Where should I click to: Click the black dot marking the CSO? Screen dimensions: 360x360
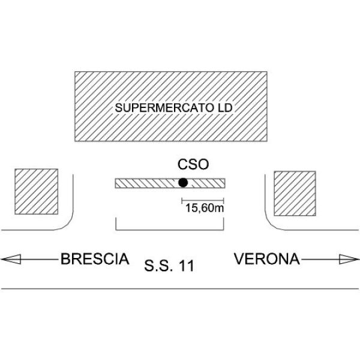click(183, 183)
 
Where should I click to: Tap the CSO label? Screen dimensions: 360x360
click(193, 164)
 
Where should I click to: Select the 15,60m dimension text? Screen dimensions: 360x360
click(205, 208)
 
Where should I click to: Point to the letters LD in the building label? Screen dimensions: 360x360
click(225, 108)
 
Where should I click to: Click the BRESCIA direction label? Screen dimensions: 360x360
click(95, 259)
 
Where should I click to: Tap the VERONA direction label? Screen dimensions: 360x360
click(267, 259)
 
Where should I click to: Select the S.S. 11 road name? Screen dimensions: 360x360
click(169, 266)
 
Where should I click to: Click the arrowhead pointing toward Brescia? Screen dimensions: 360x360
click(11, 259)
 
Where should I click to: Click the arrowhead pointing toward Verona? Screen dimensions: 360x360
click(349, 259)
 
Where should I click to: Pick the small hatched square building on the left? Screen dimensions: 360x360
click(36, 192)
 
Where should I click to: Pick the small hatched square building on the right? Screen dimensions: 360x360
click(295, 194)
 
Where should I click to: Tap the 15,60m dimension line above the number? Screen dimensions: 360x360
click(203, 200)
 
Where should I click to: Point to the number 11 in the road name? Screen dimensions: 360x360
click(186, 266)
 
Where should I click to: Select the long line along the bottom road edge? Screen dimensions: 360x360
click(180, 289)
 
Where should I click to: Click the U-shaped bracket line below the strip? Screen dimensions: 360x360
click(170, 230)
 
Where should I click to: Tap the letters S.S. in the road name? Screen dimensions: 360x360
click(158, 266)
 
